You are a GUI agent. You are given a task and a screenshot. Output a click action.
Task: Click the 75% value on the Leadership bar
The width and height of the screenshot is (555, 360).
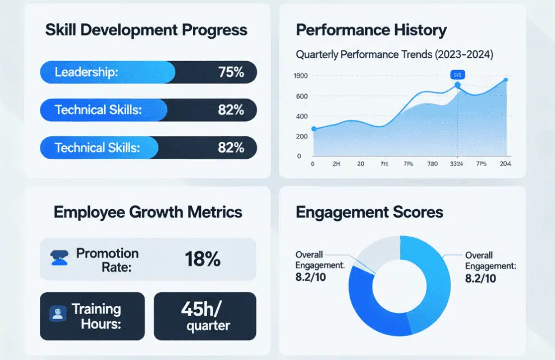pos(231,72)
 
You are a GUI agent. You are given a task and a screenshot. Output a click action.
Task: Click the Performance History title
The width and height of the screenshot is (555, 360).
pos(371,30)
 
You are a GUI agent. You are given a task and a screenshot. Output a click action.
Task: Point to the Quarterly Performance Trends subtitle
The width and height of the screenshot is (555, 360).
pos(394,55)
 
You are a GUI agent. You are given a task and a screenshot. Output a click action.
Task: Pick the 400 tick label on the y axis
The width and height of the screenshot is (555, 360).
pos(302,116)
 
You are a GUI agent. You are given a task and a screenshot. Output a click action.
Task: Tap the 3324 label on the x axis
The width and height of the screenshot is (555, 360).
pos(457,164)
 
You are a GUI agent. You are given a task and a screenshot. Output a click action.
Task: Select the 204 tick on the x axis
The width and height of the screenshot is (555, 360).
pos(505,164)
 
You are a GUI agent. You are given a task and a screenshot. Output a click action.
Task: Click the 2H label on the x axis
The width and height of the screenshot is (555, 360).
pos(336,164)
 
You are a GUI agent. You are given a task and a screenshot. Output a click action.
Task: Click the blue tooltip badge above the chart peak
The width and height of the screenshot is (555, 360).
pos(457,75)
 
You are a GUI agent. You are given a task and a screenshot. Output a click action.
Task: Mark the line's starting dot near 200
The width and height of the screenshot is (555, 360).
pos(314,129)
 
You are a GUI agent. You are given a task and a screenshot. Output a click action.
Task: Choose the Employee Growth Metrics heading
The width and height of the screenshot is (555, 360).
pos(148,212)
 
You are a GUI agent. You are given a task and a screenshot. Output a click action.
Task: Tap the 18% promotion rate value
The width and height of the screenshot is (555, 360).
pos(202,259)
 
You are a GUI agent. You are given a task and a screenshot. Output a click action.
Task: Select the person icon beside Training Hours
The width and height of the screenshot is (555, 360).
pos(57,313)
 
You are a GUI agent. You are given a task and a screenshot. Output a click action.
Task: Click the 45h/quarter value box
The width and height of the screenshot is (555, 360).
pos(205,316)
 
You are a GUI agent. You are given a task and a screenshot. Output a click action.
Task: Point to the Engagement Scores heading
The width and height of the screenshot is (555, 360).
pos(369,212)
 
